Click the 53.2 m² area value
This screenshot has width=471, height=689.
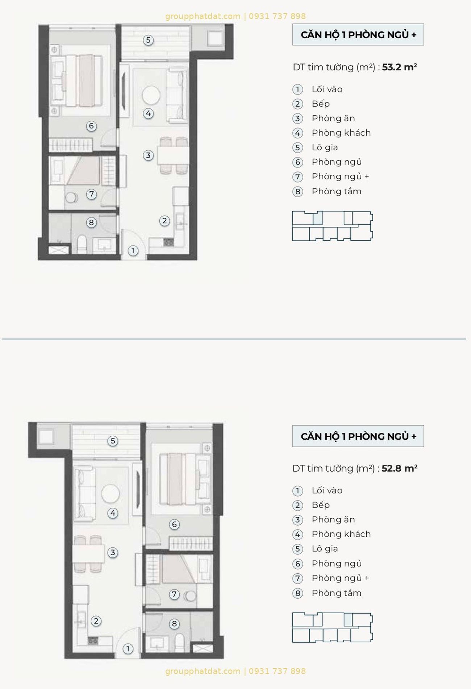pos(399,67)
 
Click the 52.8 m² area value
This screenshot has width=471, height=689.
pos(399,468)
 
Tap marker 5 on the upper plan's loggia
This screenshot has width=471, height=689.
pos(148,40)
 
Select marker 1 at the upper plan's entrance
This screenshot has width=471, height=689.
pos(133,250)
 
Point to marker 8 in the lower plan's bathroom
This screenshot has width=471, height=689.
pos(174,624)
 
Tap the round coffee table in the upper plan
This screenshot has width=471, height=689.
pos(151,95)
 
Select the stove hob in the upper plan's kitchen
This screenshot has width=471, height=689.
pos(168,242)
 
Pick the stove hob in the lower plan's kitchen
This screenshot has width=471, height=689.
pos(93,640)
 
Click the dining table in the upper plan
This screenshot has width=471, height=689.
pos(173,155)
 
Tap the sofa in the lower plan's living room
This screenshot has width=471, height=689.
pos(84,494)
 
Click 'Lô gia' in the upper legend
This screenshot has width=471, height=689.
pos(325,148)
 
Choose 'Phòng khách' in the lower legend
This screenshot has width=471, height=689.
pos(341,534)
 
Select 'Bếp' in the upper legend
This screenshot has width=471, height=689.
pos(321,104)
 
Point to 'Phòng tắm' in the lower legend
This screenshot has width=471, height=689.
pos(337,593)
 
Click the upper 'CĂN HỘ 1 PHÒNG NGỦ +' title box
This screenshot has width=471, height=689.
pos(358,34)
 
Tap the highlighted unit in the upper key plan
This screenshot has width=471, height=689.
pos(318,218)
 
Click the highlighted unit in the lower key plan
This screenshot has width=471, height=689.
pos(348,619)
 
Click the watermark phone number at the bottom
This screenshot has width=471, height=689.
pos(277,671)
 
